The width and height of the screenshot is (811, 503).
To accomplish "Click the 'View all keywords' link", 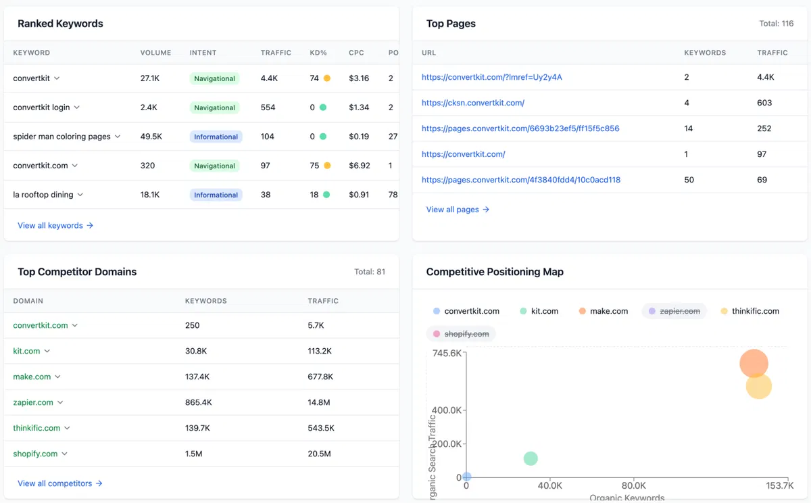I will click(x=55, y=226).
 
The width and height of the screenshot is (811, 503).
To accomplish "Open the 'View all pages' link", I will click(x=458, y=210).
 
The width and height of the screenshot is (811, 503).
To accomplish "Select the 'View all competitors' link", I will click(x=59, y=483).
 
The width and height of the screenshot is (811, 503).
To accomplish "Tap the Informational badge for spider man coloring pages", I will click(x=216, y=137).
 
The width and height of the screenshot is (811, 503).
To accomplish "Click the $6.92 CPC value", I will click(x=359, y=166).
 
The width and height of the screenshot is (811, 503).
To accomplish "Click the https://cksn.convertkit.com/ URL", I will click(x=472, y=103).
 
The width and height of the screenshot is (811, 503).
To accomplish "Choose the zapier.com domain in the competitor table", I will click(x=33, y=402).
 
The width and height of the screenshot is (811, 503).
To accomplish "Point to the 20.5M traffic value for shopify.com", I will click(x=319, y=454).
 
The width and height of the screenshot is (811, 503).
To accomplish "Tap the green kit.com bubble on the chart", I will click(x=531, y=458).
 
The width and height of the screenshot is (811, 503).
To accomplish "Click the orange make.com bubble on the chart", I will click(x=754, y=363).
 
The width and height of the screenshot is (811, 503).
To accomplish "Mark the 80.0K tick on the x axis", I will click(x=633, y=485).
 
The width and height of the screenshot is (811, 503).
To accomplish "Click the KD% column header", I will click(x=318, y=53).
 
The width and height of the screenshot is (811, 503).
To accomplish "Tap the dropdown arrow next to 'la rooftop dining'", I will click(x=80, y=195).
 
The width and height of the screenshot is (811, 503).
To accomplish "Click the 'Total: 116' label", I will click(x=776, y=24).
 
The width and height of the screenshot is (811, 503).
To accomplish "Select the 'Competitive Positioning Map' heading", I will click(x=494, y=272).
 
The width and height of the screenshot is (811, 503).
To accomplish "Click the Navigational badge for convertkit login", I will click(x=214, y=107).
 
